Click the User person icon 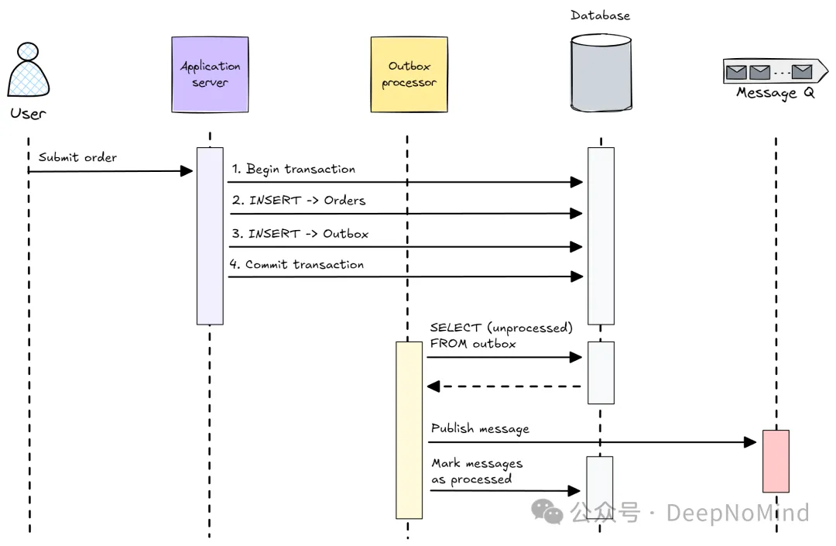pyautogui.click(x=28, y=70)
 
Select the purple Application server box pyautogui.click(x=210, y=74)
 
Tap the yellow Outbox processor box pyautogui.click(x=409, y=74)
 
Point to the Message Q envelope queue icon pyautogui.click(x=769, y=72)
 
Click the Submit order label pyautogui.click(x=77, y=157)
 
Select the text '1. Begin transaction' pyautogui.click(x=293, y=169)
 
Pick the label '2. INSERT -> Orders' pyautogui.click(x=298, y=201)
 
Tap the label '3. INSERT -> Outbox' pyautogui.click(x=300, y=233)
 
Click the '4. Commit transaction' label pyautogui.click(x=296, y=265)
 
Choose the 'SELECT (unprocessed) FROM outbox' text pyautogui.click(x=501, y=335)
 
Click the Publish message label pyautogui.click(x=480, y=428)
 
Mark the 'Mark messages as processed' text pyautogui.click(x=476, y=471)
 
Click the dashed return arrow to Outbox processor pyautogui.click(x=504, y=386)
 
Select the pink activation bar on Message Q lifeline pyautogui.click(x=776, y=461)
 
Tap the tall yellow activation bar pyautogui.click(x=409, y=430)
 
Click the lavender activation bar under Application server pyautogui.click(x=210, y=235)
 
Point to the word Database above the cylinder pyautogui.click(x=600, y=15)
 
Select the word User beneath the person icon pyautogui.click(x=28, y=114)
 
